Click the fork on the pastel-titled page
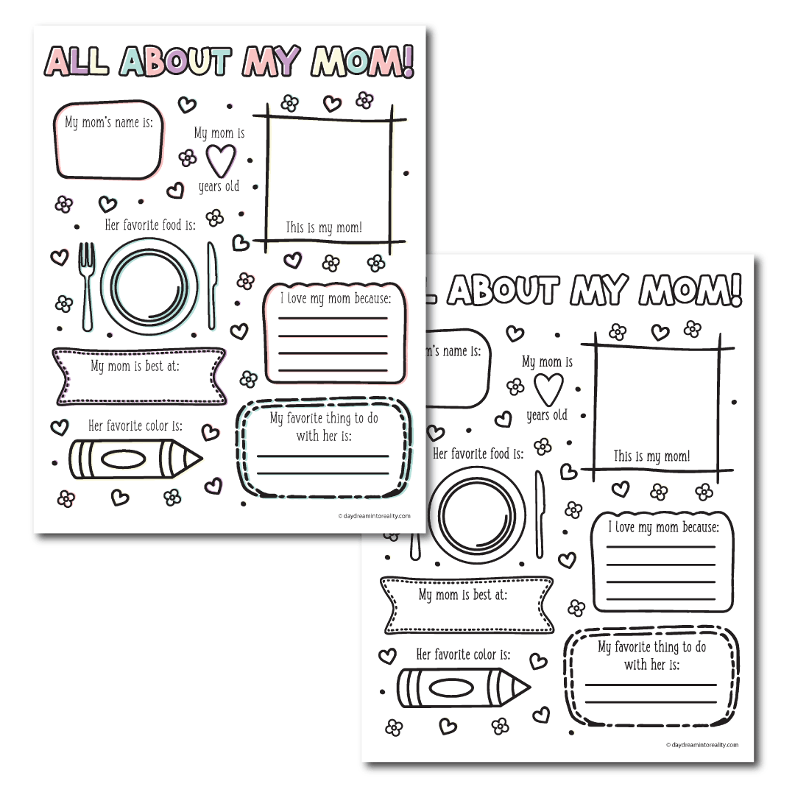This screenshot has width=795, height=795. [87, 283]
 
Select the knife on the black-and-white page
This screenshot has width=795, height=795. [540, 513]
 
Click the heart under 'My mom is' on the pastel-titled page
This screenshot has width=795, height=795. [219, 158]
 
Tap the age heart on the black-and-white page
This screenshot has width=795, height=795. [548, 388]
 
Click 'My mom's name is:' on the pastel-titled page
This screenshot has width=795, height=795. [108, 122]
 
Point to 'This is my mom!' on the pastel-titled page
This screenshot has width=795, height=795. [324, 227]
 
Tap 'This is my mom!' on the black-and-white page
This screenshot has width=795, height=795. [652, 456]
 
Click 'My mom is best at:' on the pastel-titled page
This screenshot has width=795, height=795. [135, 366]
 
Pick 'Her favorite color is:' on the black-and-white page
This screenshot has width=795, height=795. [464, 654]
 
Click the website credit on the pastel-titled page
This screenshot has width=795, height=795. [374, 516]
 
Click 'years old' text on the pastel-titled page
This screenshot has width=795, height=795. [219, 187]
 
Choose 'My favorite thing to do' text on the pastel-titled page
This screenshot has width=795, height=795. [324, 419]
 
